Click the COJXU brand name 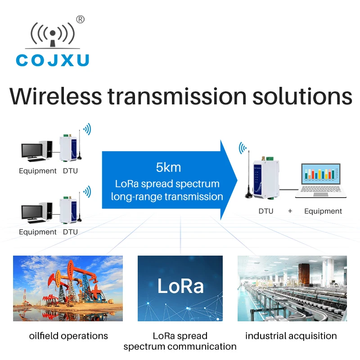click(x=53, y=60)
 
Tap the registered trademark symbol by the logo click(x=80, y=19)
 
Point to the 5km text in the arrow click(x=168, y=168)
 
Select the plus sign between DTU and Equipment click(x=290, y=211)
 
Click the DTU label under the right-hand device click(x=265, y=211)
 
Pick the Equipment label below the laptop click(x=323, y=211)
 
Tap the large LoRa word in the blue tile click(x=180, y=286)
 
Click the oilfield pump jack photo click(x=68, y=288)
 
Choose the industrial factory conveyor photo click(x=292, y=288)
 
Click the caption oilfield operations click(x=68, y=336)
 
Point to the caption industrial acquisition click(x=291, y=336)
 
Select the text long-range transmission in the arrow click(x=167, y=196)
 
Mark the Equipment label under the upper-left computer click(x=38, y=171)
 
